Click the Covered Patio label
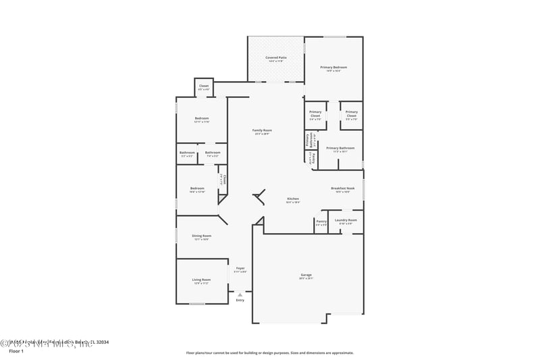tap(275, 58)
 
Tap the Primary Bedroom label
tap(333, 68)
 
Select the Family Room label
tap(262, 130)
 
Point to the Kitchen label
tap(292, 199)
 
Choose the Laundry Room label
tap(346, 220)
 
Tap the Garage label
tap(306, 275)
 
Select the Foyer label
tap(240, 268)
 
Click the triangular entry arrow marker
tap(240, 294)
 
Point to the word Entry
tap(240, 300)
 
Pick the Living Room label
tap(201, 280)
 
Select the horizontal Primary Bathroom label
tap(340, 148)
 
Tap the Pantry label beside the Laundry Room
tap(321, 221)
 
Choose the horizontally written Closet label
tap(204, 86)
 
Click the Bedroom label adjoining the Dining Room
tap(197, 188)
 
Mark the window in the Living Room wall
tap(196, 304)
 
